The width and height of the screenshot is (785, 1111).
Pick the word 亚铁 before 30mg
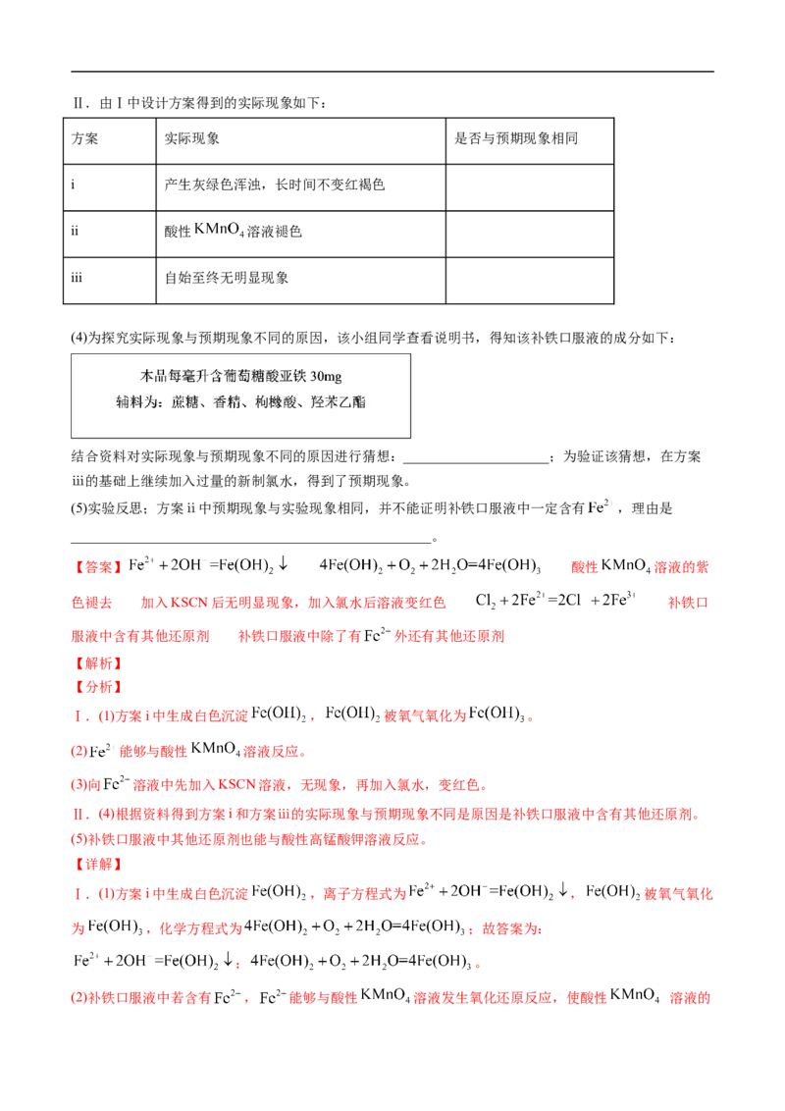click(x=293, y=377)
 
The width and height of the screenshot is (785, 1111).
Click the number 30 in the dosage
click(x=316, y=377)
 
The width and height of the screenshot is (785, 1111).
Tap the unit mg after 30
click(x=333, y=377)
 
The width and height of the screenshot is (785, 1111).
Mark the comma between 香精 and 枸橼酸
click(x=246, y=404)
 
